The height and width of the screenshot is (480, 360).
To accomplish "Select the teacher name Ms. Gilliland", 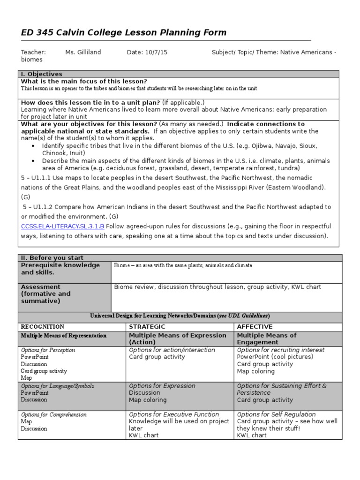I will pos(83,52).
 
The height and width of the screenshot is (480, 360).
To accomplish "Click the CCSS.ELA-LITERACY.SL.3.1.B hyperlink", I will pos(62,226).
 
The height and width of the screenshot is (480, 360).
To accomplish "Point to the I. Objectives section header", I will pos(42,74).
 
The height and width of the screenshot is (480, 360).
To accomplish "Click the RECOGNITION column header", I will pos(43,327).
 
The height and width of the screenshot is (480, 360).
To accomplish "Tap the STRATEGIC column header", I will pos(147,327).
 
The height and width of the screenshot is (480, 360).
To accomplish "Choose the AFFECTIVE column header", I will pos(255,327).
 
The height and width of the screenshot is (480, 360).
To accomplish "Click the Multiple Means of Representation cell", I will pos(64,336).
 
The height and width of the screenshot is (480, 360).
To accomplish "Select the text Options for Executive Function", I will pos(174,414).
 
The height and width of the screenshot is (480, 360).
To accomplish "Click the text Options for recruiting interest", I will pos(281,350).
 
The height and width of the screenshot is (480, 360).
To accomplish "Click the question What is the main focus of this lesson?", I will pos(84,82).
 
